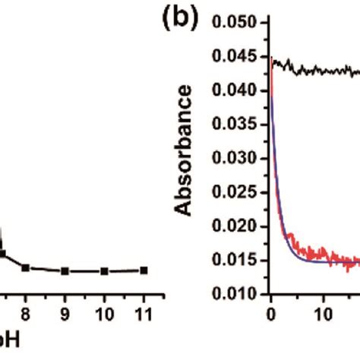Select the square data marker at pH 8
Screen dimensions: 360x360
(25, 267)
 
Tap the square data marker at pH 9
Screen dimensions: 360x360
(65, 270)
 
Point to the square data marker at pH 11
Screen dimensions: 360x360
(144, 270)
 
